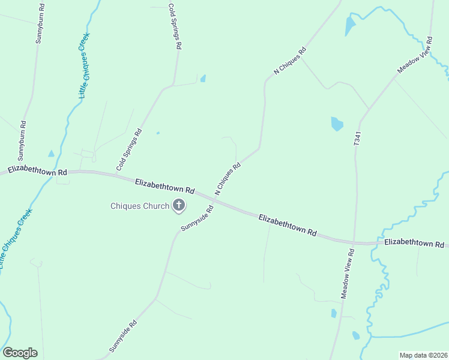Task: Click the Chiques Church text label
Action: (x=140, y=206)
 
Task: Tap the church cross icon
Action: (x=178, y=206)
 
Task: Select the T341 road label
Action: (x=357, y=140)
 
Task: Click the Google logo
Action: (x=20, y=353)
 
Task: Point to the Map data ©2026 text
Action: (x=423, y=355)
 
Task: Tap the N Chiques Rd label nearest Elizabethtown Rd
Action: (x=228, y=178)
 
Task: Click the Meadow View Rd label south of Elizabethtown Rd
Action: (x=349, y=274)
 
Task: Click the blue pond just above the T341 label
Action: (x=337, y=124)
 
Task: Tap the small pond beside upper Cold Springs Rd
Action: (x=203, y=78)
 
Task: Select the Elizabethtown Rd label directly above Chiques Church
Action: (x=164, y=186)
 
